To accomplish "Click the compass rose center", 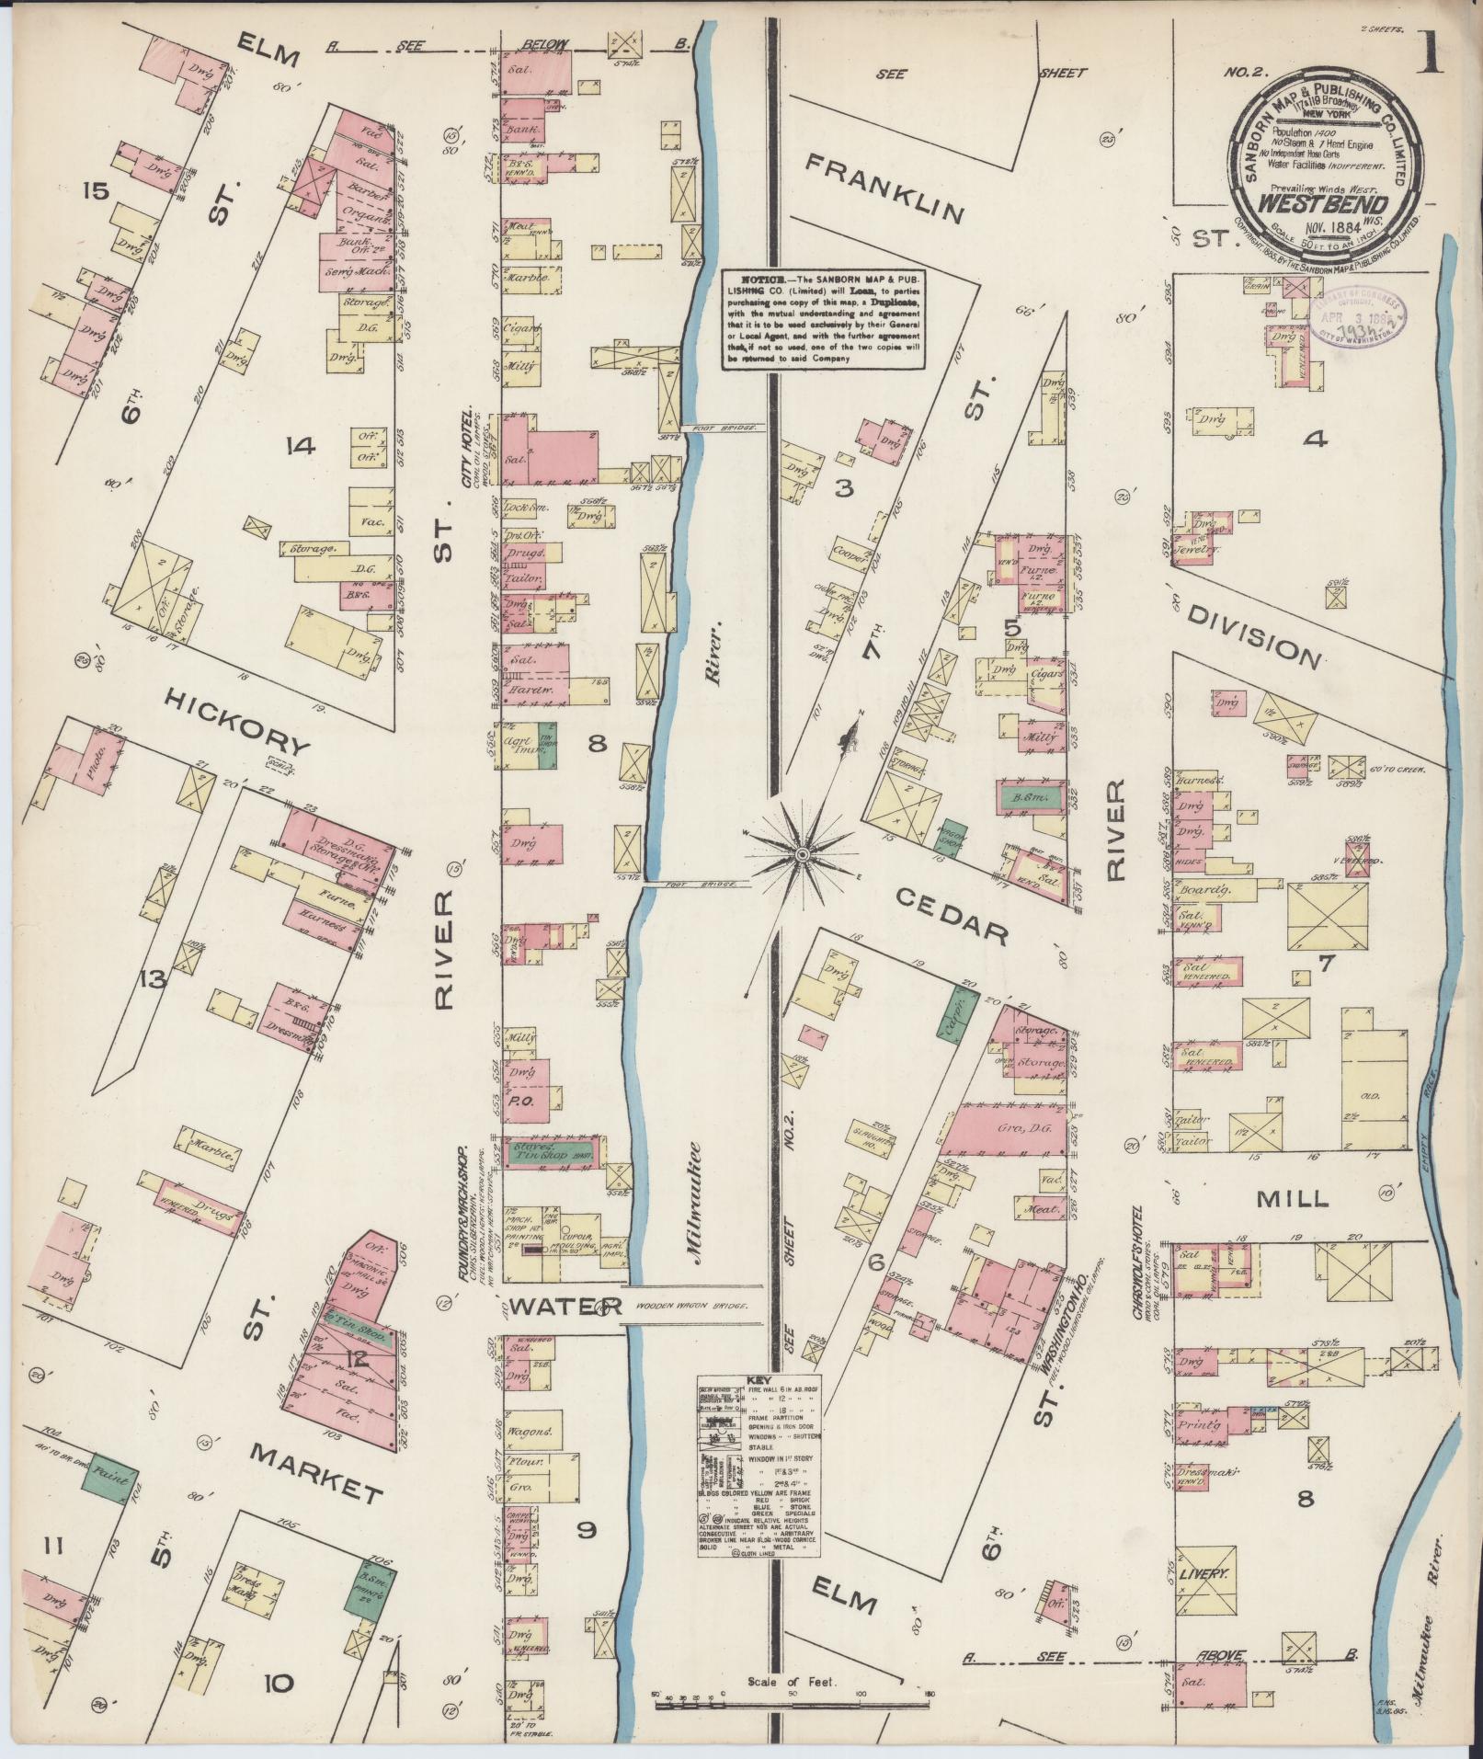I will (802, 855).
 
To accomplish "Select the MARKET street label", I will (315, 1473).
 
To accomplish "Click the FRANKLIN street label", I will (885, 188).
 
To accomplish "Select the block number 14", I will (301, 448).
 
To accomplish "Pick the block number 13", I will (153, 980).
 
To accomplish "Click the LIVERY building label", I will (1204, 1574).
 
